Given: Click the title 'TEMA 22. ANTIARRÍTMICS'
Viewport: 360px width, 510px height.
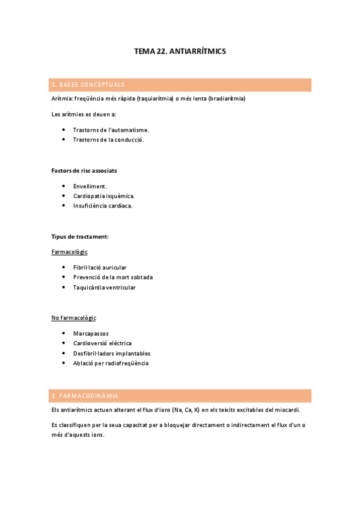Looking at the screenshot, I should pos(180,52).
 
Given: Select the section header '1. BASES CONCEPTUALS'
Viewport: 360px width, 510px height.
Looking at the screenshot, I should pos(88,85).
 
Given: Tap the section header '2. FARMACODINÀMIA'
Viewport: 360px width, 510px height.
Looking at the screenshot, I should pos(85,396).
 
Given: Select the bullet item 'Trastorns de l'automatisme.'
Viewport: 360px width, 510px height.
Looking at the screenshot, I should pos(111,130).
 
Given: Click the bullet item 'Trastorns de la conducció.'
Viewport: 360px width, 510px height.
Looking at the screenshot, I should pos(108,140).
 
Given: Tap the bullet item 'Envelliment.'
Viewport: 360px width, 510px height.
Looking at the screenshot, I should pos(90,186).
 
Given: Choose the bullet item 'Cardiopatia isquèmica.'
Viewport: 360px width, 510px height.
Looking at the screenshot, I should pos(104,196).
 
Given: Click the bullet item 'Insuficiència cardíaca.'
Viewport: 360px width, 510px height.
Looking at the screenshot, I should pos(103,206).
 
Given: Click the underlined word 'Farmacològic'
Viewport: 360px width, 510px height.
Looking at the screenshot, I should pos(70,252).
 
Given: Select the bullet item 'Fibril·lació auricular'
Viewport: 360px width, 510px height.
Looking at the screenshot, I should pos(100,268).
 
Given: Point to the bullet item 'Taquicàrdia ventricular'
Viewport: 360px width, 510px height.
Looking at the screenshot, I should pos(104,287).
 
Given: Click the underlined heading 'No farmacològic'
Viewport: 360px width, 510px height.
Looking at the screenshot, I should pos(74,318).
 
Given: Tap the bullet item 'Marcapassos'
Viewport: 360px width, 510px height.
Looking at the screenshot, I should pos(91,333).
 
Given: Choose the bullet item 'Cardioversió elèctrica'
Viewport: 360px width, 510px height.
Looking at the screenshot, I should pos(102,343).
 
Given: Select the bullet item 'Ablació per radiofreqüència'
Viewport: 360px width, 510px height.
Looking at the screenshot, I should pos(111,363).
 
